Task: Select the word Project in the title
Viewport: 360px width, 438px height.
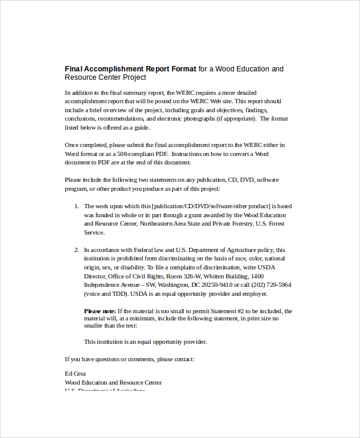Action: [133, 77]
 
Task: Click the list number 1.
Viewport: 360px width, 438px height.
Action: [76, 206]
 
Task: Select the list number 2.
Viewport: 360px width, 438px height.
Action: [76, 250]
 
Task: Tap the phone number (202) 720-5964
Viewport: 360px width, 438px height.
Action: [269, 285]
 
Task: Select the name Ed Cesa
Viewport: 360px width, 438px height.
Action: [76, 373]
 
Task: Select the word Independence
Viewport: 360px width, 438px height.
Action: [103, 285]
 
